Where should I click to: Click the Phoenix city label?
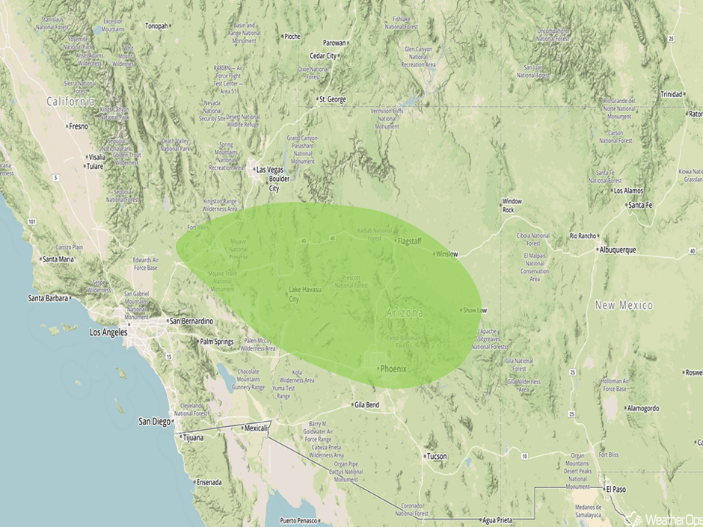tap(392, 369)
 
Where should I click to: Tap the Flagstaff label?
tap(410, 241)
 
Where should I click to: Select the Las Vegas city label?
tap(271, 170)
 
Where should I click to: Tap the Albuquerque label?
tap(615, 250)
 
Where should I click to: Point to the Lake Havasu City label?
tap(305, 294)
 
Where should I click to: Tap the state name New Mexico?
tap(624, 306)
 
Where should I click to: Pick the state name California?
tap(70, 101)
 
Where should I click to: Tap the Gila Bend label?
tap(366, 405)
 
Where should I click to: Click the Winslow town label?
tap(446, 253)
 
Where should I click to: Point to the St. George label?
tap(332, 99)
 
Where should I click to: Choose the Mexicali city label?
tap(255, 428)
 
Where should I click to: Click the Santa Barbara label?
tap(49, 298)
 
